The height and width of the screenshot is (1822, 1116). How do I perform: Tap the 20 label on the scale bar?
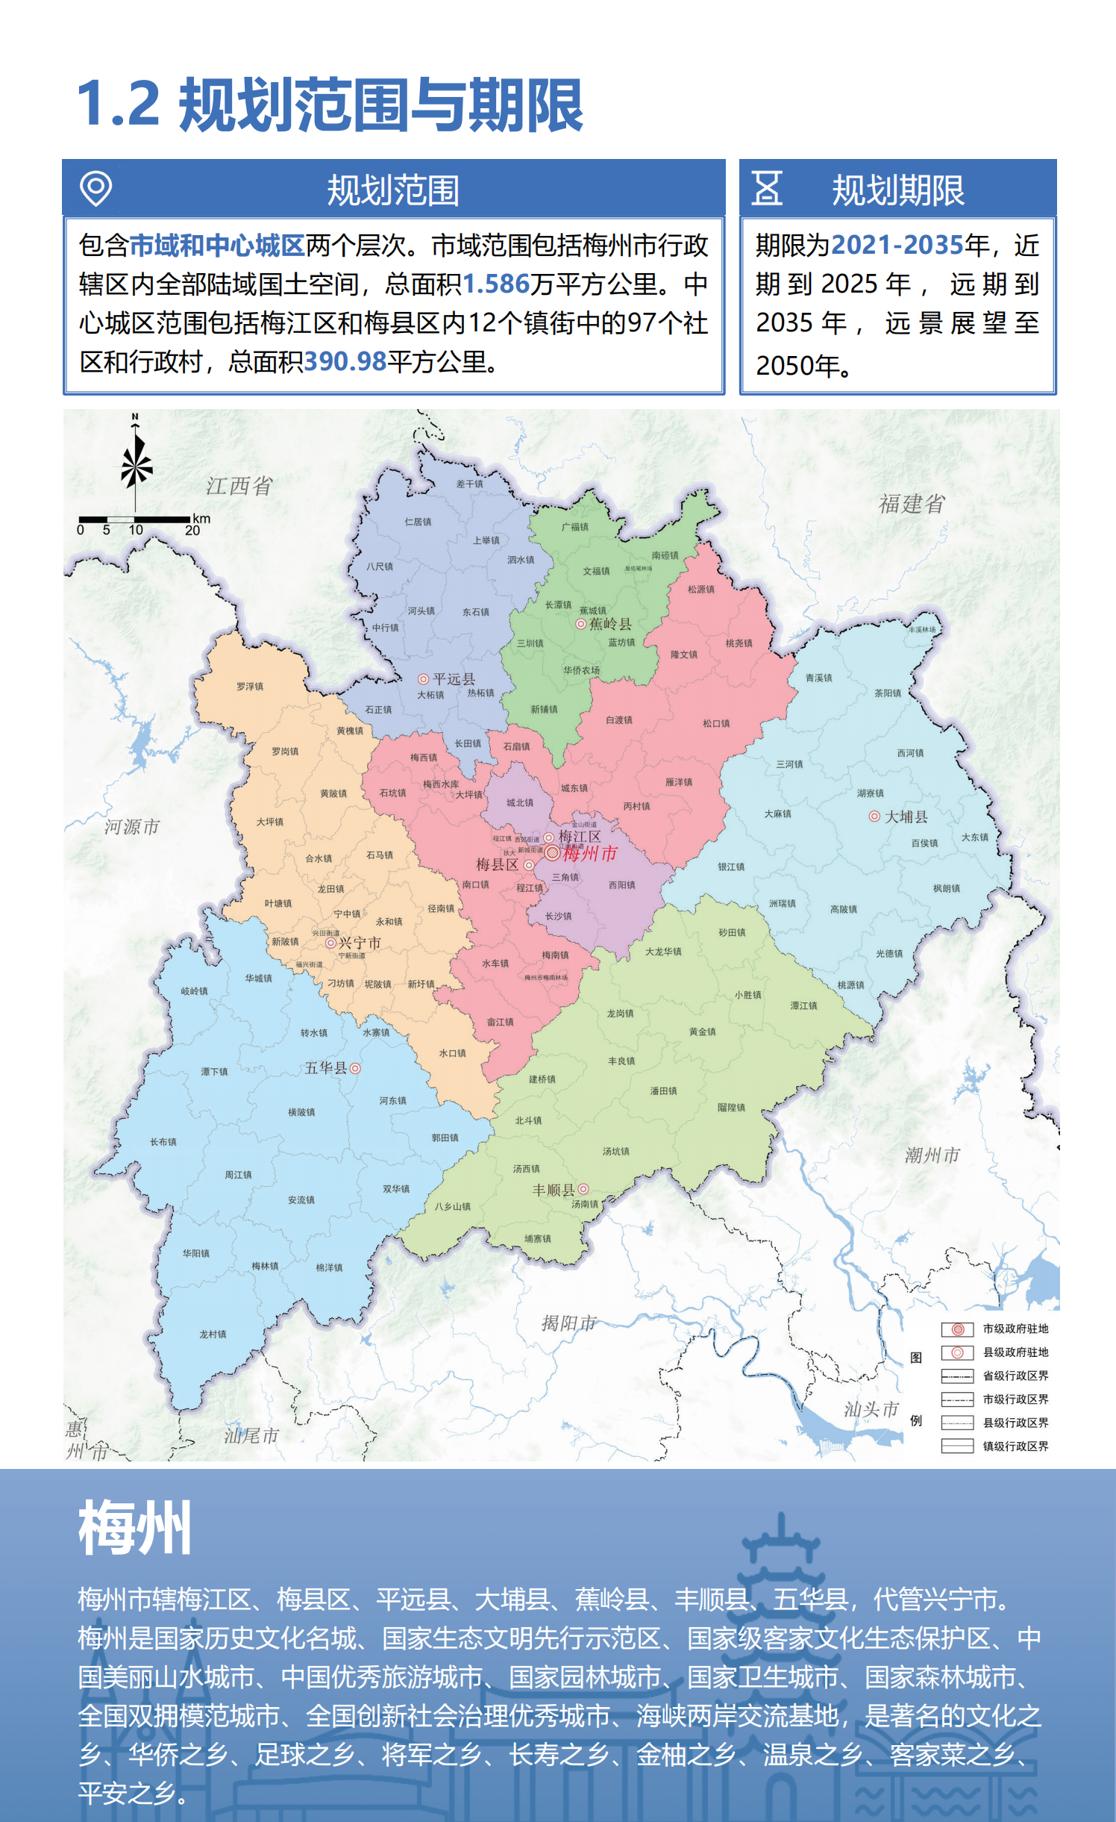coord(192,531)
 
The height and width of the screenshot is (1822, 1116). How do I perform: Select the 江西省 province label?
coord(239,486)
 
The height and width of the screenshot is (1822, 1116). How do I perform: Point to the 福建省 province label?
coord(912,504)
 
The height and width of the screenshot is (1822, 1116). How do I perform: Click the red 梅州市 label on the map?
coord(589,853)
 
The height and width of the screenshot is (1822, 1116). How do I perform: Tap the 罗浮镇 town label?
coord(250,687)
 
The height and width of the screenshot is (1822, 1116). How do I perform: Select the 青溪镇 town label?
coord(818,678)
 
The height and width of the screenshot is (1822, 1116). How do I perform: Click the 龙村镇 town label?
coord(213,1334)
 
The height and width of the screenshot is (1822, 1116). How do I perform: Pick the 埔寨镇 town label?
coord(537,1239)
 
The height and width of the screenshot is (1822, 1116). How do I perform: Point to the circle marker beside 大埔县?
coord(874,817)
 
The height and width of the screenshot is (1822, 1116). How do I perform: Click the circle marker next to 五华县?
coord(355,1068)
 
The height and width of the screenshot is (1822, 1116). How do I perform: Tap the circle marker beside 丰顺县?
coord(583,1189)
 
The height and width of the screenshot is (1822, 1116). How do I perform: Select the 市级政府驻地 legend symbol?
coord(957,1329)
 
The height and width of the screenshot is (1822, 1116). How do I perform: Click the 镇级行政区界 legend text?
coord(1015,1446)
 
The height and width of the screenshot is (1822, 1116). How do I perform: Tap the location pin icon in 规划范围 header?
coord(96,188)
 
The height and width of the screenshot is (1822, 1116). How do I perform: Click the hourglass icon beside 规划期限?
coord(767,188)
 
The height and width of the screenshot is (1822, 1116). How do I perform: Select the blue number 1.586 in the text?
coord(495,284)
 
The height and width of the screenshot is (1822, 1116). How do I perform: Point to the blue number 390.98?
coord(345,362)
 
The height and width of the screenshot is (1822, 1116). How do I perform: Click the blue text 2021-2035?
coord(897,245)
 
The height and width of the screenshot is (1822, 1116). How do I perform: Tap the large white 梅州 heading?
coord(135,1527)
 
